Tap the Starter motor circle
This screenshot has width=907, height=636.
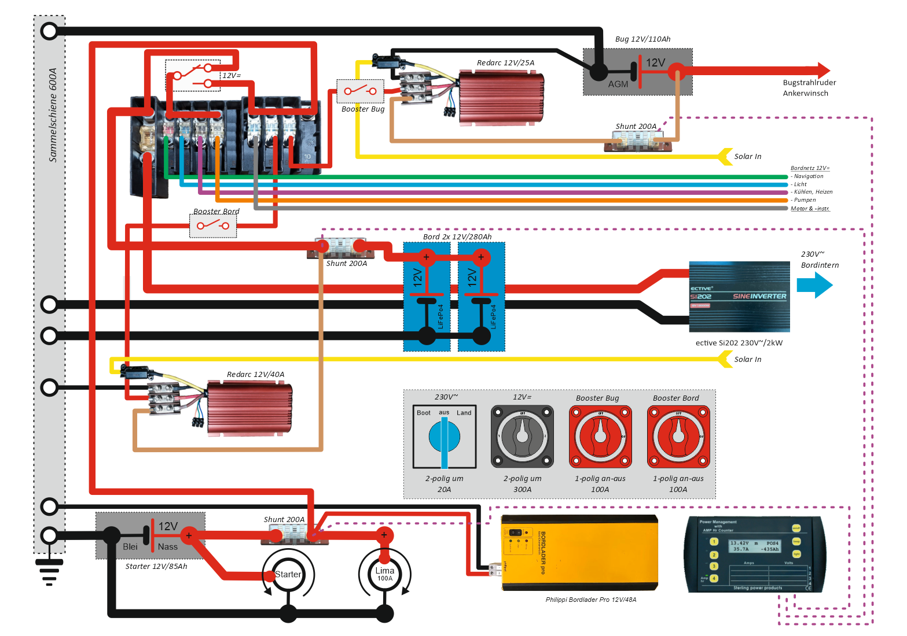288,575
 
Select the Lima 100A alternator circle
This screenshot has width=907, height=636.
384,574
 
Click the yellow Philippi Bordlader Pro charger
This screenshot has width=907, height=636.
579,553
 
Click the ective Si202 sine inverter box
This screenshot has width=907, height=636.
739,297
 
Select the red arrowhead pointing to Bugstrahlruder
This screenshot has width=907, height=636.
824,71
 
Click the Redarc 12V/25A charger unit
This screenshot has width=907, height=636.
501,98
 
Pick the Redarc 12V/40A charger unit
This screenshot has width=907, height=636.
249,408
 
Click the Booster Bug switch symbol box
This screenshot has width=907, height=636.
360,91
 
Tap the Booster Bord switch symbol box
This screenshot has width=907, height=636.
213,225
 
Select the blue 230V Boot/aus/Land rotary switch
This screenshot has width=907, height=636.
445,437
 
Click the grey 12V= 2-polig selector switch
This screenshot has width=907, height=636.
522,437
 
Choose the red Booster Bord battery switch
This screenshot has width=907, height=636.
678,437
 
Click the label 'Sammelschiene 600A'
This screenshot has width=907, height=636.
53,115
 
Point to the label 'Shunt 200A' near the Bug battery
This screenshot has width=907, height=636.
636,127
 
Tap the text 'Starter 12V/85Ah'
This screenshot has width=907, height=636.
156,567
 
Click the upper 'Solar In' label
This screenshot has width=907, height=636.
748,157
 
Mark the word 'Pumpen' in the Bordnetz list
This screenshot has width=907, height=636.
805,200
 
